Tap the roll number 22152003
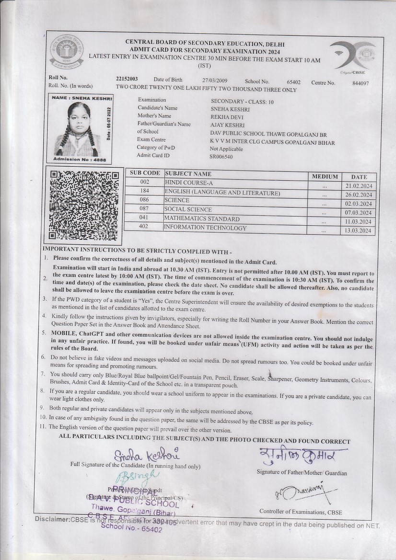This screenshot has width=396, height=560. point(127,79)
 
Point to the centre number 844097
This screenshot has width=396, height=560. point(360,83)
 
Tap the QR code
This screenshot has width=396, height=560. point(84,205)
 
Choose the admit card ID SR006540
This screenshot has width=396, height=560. point(221,157)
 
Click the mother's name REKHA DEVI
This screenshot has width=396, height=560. point(227,117)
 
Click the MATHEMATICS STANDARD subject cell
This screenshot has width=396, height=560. point(202,218)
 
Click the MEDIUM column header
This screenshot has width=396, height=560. point(325,176)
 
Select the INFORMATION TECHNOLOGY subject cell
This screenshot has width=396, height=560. point(205,228)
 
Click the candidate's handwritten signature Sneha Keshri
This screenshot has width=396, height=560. point(147,454)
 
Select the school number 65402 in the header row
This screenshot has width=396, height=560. point(293,82)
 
